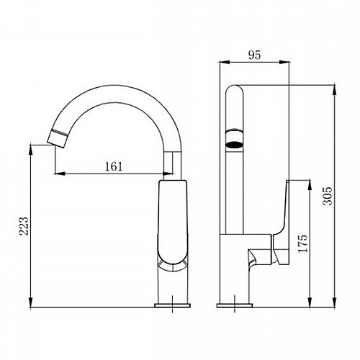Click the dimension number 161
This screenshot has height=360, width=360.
114,166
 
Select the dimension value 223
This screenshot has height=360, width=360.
24,226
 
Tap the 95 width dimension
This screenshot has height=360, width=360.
254,55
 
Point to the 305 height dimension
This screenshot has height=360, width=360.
328,196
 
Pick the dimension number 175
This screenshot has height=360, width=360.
302,243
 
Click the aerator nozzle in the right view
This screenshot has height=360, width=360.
234,138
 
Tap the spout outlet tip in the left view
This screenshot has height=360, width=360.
58,138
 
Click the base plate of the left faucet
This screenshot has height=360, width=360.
173,305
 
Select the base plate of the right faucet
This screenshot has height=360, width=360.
235,305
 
